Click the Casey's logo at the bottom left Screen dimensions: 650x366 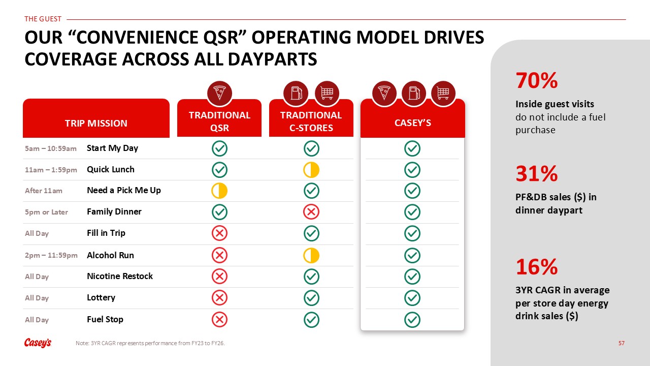(38, 343)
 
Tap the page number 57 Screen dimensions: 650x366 (621, 343)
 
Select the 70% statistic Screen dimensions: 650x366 (537, 80)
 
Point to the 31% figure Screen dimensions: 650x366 (537, 174)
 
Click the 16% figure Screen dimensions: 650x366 (537, 267)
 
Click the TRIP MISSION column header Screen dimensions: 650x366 (96, 123)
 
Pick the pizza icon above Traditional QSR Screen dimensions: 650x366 (220, 94)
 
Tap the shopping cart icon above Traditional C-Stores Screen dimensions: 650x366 (327, 94)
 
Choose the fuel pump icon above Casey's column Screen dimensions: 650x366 (413, 94)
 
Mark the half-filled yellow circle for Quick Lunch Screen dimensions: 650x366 (311, 170)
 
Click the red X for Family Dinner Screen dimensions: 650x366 (311, 212)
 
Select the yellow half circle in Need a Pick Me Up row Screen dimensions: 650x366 (220, 191)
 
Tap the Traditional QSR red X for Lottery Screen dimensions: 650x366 (220, 298)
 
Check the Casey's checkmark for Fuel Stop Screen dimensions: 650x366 (412, 320)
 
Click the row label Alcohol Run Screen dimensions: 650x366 (110, 255)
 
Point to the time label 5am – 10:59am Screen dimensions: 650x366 (51, 148)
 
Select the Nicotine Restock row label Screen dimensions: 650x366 (120, 276)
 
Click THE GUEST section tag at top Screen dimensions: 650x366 (43, 19)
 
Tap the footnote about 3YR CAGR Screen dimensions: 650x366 (150, 343)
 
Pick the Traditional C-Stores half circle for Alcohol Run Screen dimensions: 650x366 (311, 255)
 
